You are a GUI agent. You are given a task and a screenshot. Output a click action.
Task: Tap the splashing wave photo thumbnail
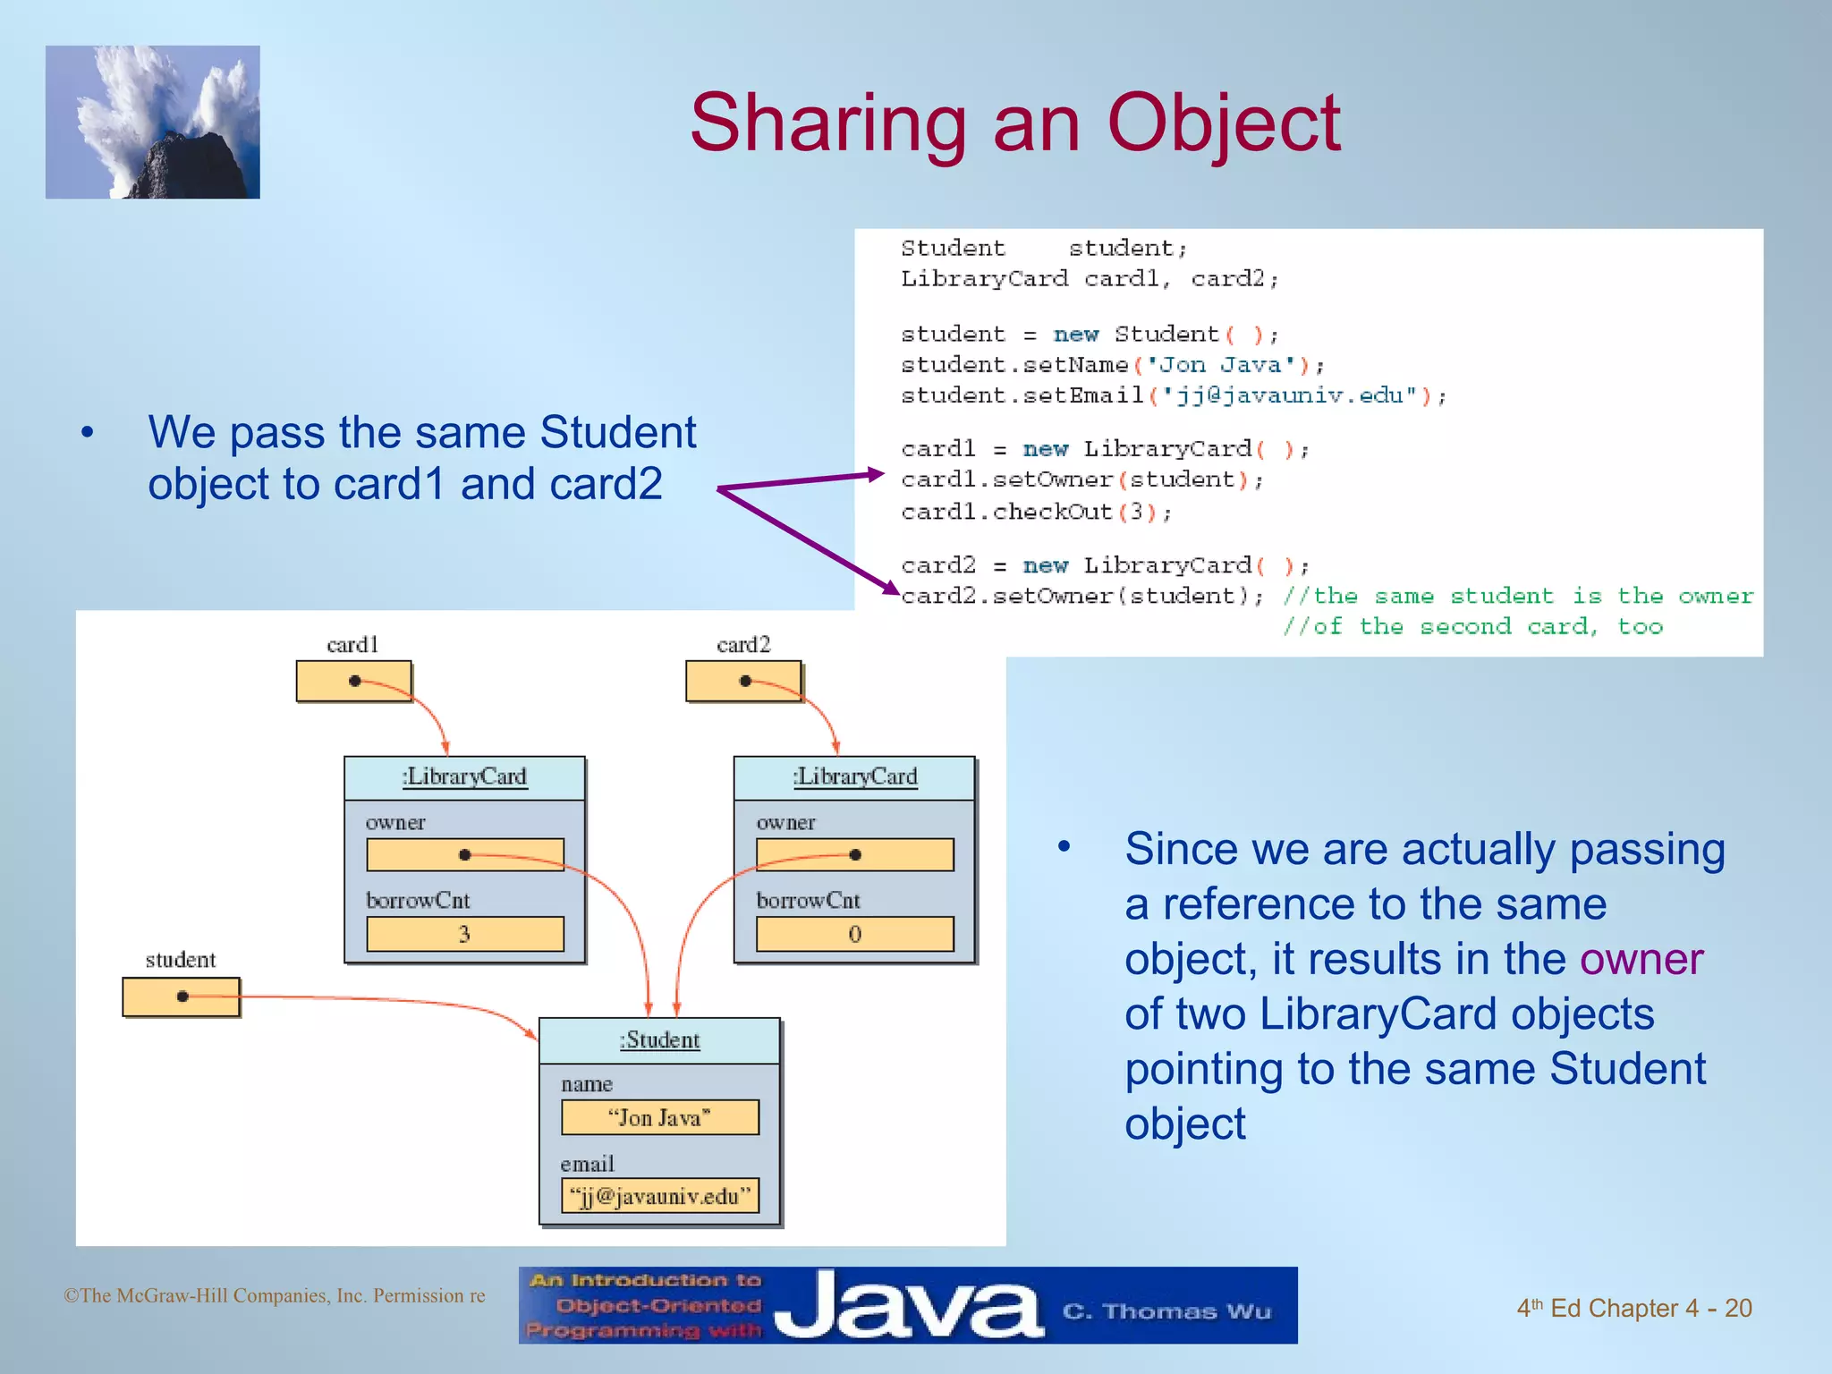153,123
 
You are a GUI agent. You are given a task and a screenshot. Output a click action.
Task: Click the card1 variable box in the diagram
353,681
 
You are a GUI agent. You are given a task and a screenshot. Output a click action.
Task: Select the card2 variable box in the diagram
743,681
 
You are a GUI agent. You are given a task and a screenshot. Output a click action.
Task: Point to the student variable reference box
181,997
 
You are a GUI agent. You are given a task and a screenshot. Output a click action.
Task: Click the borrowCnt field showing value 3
464,934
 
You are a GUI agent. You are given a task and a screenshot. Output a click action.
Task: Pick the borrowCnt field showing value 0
854,934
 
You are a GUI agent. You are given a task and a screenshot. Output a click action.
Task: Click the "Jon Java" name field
659,1117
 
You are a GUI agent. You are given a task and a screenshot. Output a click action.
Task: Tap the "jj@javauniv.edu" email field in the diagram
659,1196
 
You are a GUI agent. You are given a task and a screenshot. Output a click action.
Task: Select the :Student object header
659,1040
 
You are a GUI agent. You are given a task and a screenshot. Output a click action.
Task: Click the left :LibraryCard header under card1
464,776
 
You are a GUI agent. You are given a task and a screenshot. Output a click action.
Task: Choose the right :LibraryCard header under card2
854,776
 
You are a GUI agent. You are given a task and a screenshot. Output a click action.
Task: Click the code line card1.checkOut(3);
1036,512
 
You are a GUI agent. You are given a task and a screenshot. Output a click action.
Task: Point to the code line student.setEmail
1173,394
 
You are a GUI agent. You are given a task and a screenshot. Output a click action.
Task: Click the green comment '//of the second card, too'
1472,626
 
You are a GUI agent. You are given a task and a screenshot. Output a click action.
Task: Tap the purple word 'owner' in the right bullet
1641,959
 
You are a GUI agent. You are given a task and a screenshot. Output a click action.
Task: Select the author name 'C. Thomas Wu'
1166,1311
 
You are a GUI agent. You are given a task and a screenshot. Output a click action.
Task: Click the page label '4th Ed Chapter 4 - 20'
1633,1308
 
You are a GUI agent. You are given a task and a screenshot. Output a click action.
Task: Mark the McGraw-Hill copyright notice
274,1295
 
